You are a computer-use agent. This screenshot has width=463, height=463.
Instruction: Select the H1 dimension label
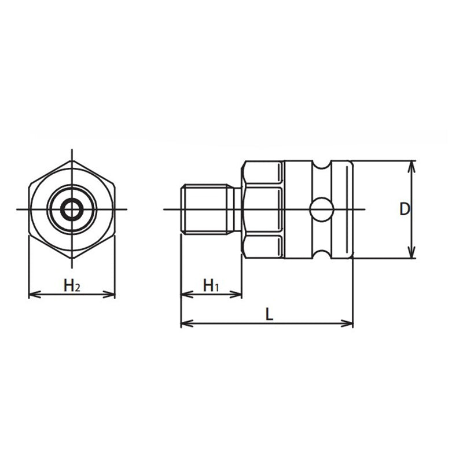[211, 285]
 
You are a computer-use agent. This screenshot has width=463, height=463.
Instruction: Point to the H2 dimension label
[72, 285]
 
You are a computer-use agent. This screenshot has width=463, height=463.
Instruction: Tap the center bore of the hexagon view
[72, 209]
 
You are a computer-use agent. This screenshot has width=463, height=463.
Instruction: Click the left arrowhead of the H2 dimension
[32, 295]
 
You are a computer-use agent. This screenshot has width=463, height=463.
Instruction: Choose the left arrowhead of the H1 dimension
[184, 295]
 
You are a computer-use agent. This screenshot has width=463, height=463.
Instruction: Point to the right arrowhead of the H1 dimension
[238, 295]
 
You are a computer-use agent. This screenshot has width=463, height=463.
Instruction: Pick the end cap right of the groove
[341, 209]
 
